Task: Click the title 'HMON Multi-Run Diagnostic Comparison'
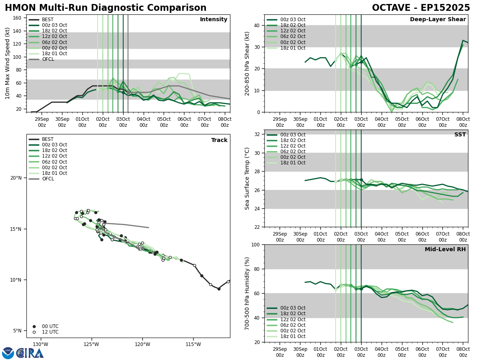[x=106, y=8]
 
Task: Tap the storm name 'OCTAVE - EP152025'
[x=421, y=8]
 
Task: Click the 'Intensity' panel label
[x=214, y=20]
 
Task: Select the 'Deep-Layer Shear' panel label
[x=438, y=20]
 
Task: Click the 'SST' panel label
[x=460, y=135]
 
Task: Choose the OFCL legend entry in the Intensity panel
[x=48, y=59]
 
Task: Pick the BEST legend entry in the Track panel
[x=48, y=139]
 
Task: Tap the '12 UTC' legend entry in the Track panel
[x=50, y=332]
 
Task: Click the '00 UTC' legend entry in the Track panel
[x=50, y=326]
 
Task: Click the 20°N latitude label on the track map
[x=16, y=178]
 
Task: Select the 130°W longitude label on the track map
[x=40, y=344]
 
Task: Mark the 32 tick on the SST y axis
[x=256, y=134]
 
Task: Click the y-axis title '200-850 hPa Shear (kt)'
[x=248, y=63]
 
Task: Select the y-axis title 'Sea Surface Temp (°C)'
[x=248, y=178]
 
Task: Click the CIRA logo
[x=30, y=353]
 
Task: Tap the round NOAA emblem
[x=8, y=353]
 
